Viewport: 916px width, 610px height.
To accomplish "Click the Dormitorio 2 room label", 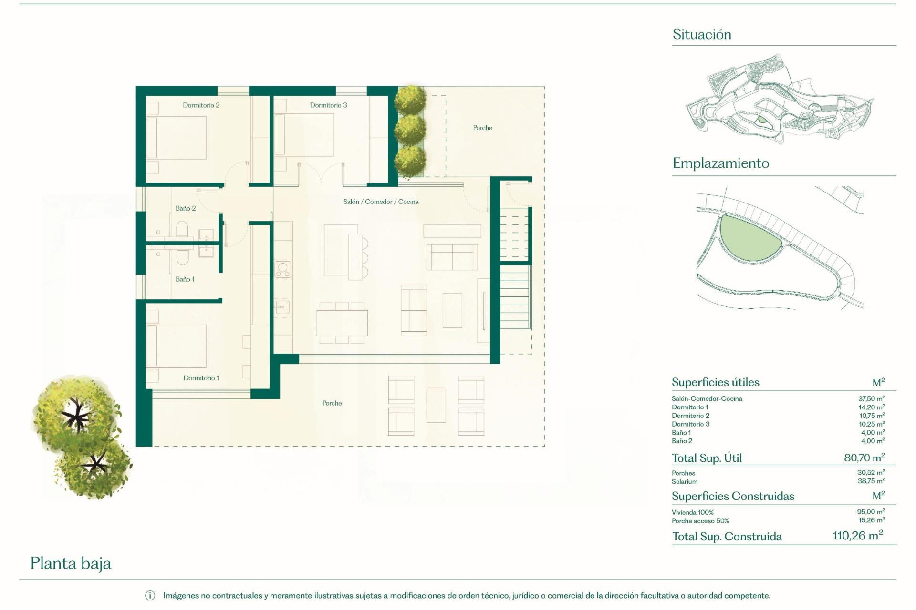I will pos(201,105).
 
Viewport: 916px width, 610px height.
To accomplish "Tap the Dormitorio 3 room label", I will pos(328,105).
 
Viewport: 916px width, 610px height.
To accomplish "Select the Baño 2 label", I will pos(186,208).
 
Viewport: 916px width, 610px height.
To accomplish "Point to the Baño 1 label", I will pos(185,279).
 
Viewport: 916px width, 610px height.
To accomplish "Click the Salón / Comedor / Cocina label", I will pos(381,202).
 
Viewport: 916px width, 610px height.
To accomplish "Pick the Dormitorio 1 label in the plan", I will pos(201,378).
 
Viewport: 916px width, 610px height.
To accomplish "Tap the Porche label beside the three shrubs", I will pos(482,128).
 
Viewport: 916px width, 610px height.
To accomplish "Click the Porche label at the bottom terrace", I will pos(332,403).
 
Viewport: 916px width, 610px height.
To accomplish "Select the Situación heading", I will pos(701,34).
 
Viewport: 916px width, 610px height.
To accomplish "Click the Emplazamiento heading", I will pos(720,163).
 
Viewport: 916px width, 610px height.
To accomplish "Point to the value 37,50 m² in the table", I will pos(871,398).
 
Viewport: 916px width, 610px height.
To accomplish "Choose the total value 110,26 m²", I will pos(857,536).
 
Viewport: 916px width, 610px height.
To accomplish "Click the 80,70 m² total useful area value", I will pos(864,457).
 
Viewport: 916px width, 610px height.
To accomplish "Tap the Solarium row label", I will pos(684,481).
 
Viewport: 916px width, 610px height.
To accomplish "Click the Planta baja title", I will pos(71,563).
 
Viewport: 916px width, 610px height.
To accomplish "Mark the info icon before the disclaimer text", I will pos(150,596).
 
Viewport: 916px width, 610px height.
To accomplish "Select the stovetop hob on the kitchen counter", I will pos(282,269).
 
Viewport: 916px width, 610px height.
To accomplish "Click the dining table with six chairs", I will pos(341,323).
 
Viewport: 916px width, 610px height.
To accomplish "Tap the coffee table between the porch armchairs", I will pos(436,405).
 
